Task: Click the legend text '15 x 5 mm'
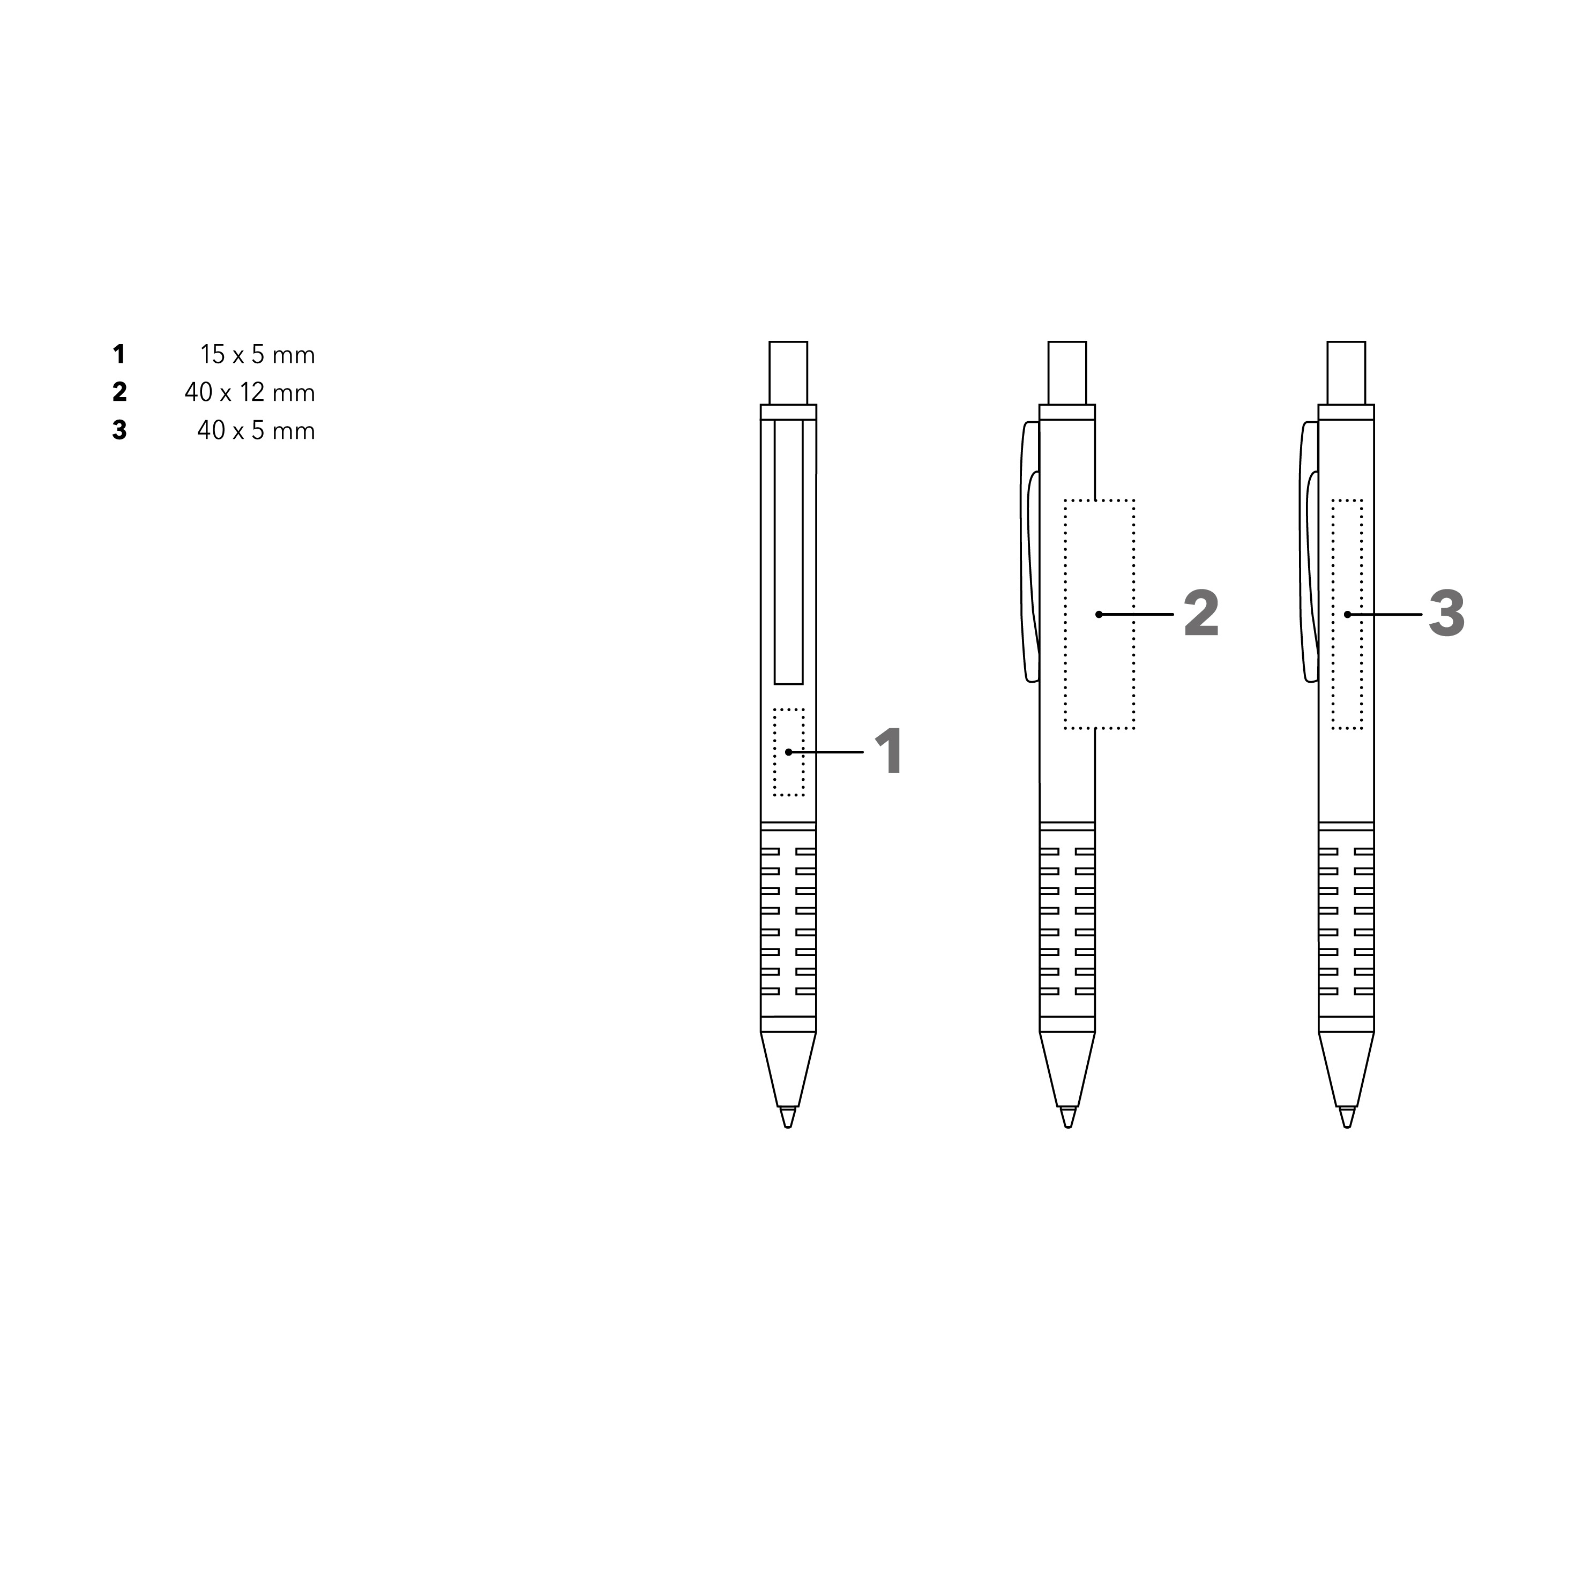257,355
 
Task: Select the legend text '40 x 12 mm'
250,392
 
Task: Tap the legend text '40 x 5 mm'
256,430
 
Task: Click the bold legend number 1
120,355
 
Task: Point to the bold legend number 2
120,392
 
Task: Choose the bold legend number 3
120,430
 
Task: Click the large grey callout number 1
890,751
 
